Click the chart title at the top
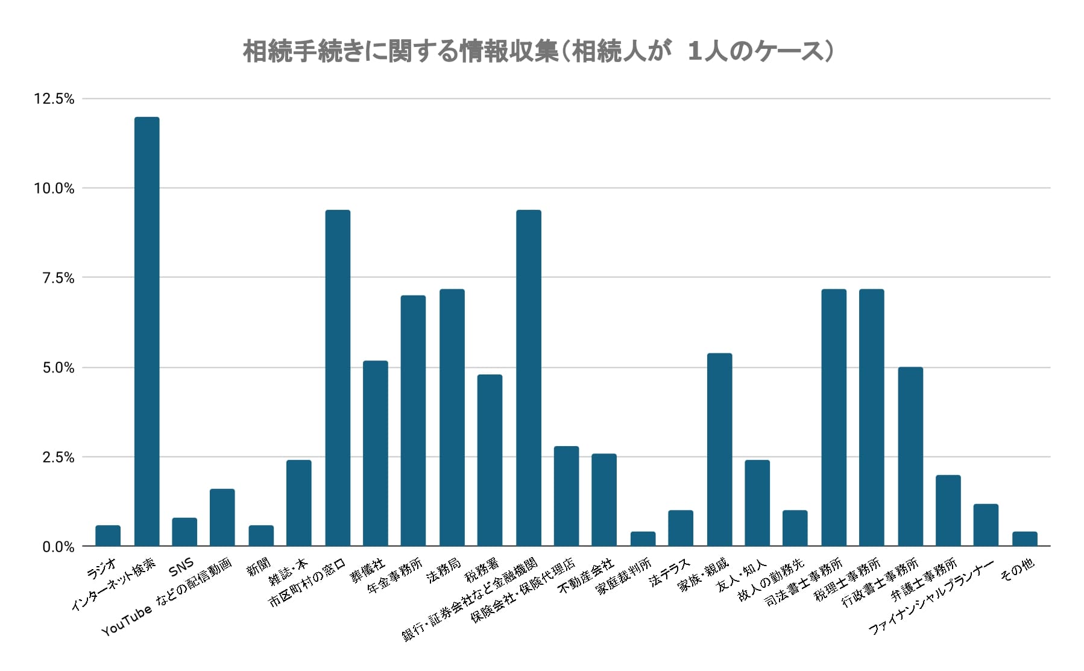538,52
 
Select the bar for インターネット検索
147,332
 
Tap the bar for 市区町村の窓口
338,378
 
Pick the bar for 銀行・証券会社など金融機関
529,378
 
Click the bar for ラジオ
108,536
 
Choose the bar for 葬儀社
376,453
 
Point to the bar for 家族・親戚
719,450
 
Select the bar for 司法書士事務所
834,418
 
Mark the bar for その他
1024,539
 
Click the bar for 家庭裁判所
643,539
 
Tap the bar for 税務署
490,461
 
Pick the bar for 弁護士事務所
948,511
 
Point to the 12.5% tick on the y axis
54,99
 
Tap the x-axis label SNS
181,565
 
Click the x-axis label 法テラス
669,572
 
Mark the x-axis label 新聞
259,567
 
